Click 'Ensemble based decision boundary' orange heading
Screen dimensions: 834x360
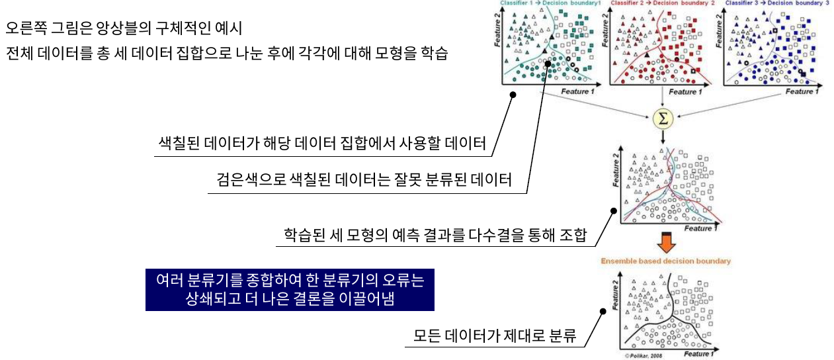[665, 261]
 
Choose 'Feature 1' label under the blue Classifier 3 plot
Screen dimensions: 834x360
[799, 91]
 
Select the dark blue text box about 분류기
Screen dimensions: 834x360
[290, 289]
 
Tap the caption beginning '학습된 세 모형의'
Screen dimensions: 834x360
[435, 236]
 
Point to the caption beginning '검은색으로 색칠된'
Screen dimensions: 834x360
[364, 180]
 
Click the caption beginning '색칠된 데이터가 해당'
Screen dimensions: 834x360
[322, 142]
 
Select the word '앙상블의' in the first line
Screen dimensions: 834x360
[114, 29]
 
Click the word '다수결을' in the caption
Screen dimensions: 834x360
[491, 236]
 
